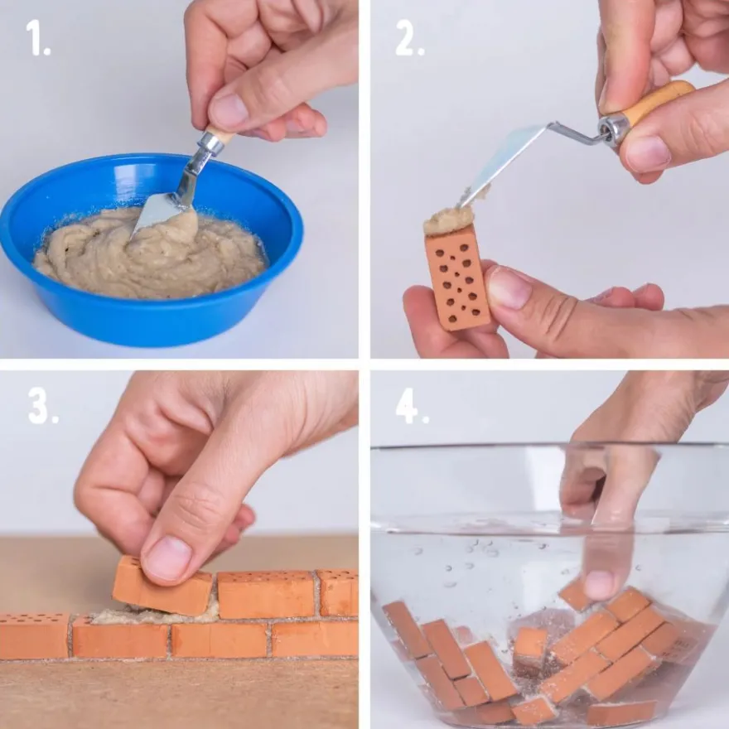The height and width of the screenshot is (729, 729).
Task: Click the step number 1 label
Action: (37, 38)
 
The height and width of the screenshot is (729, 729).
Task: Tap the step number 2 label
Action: (409, 38)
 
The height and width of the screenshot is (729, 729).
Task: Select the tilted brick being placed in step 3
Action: (162, 587)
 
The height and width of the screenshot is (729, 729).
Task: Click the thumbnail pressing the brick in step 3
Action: (166, 558)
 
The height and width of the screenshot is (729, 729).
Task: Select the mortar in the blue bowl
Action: (150, 253)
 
